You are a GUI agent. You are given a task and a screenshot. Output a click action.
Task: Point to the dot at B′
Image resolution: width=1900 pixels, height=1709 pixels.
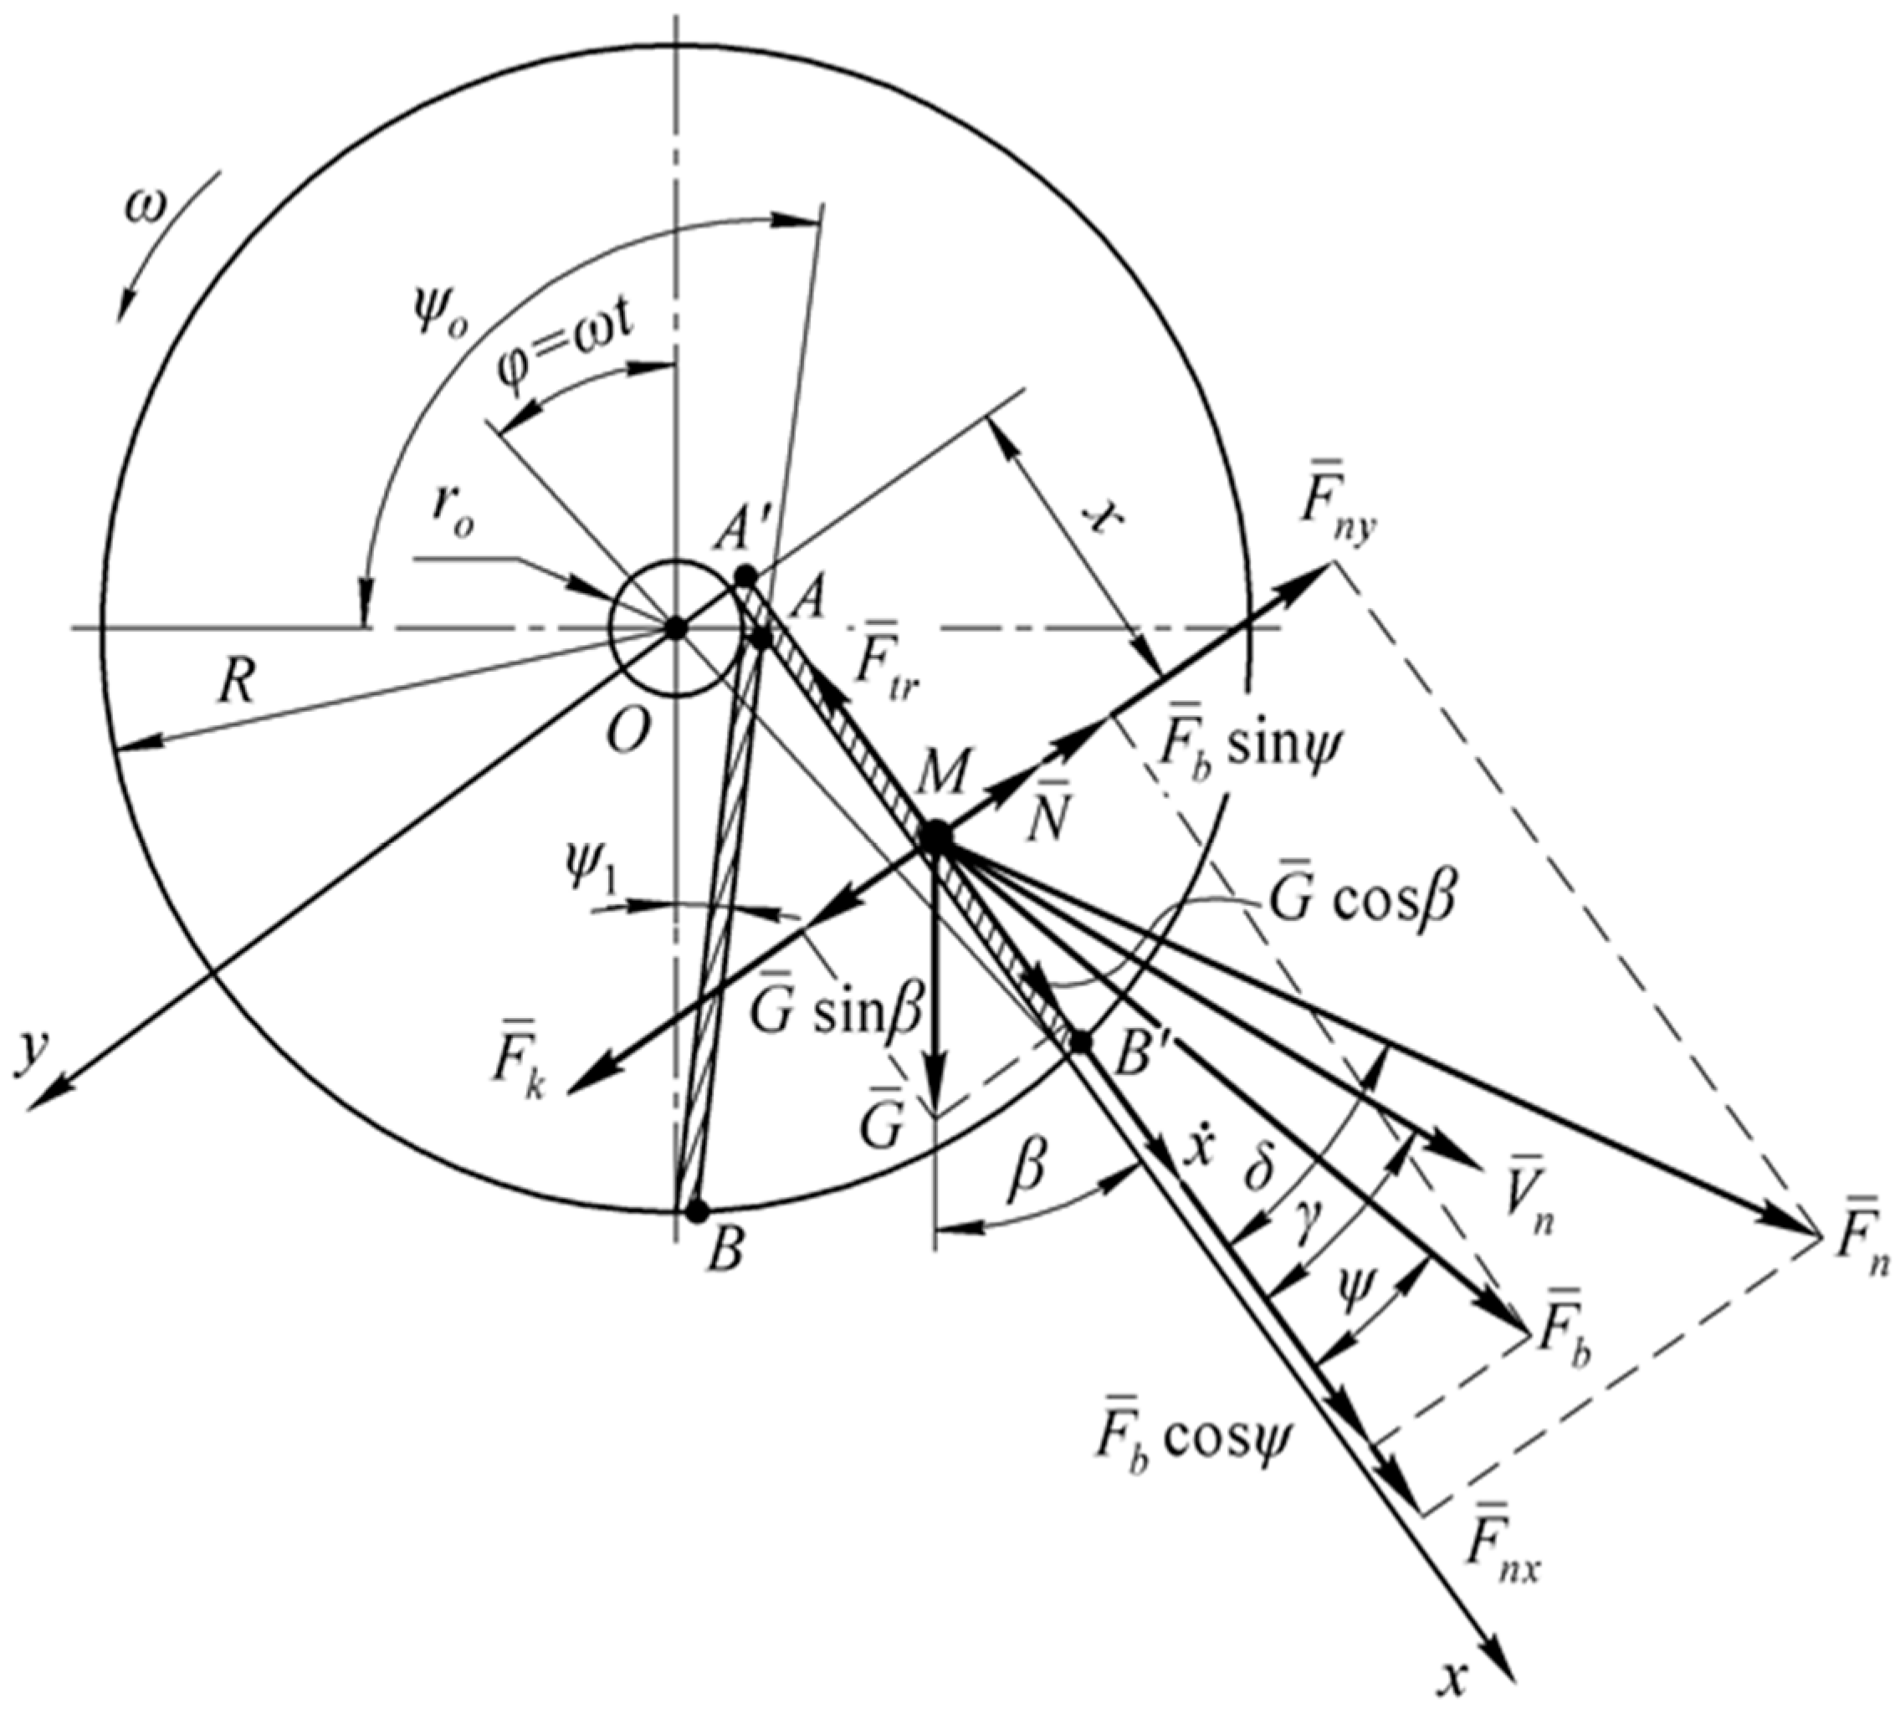1082,1041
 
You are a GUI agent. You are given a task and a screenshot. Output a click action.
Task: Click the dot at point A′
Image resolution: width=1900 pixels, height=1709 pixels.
744,575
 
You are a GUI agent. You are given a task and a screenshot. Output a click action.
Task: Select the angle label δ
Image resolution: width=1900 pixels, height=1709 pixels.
1259,1183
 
